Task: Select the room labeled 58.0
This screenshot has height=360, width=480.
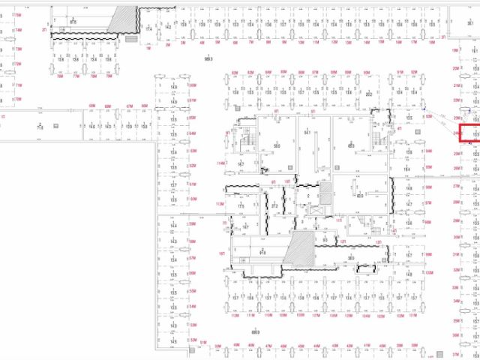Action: [277, 145]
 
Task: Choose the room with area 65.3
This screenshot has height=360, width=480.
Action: [350, 145]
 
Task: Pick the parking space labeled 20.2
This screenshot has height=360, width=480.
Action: [369, 95]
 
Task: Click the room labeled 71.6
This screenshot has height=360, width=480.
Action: [38, 127]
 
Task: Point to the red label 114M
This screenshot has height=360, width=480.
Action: [220, 163]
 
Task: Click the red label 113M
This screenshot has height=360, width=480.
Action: [220, 204]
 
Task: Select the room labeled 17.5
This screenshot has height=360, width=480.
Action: [241, 205]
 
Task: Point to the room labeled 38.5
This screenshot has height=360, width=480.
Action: [351, 257]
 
